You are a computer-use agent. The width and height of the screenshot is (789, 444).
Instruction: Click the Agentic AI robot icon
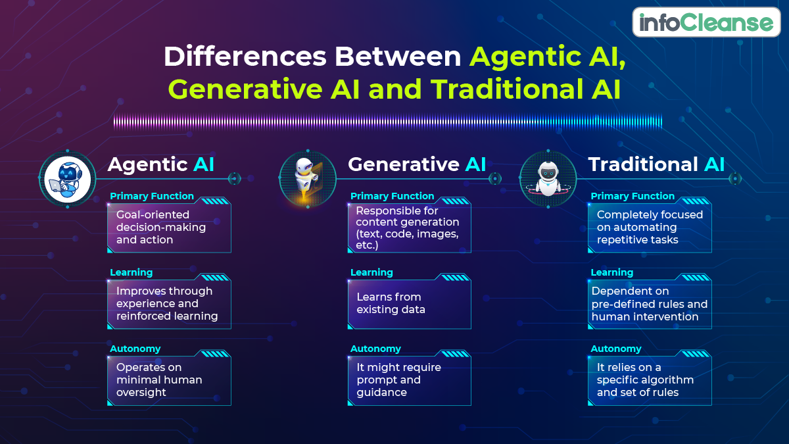click(67, 179)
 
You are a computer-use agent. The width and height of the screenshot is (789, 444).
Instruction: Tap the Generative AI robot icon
click(307, 179)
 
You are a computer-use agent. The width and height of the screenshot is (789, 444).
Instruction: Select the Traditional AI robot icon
click(548, 179)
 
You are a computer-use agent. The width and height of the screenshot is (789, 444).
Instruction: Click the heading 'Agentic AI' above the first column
click(161, 164)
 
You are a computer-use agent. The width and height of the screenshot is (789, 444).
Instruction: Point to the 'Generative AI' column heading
click(417, 164)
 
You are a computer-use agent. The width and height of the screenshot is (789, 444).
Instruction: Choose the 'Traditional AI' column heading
click(656, 164)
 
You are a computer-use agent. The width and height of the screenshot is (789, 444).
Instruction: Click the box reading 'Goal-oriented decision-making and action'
click(169, 228)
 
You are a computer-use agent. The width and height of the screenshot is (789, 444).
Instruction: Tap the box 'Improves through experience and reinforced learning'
click(169, 304)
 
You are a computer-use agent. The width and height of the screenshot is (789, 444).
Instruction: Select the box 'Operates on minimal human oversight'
click(169, 380)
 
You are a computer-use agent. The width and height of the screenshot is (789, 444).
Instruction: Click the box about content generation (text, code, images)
click(409, 228)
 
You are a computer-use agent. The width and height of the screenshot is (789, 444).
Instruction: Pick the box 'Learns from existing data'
click(409, 304)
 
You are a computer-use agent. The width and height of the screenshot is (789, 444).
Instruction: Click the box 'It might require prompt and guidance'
click(409, 380)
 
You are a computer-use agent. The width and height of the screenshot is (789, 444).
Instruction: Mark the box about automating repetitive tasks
click(650, 228)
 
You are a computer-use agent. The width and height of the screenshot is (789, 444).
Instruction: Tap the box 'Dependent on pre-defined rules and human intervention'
click(650, 304)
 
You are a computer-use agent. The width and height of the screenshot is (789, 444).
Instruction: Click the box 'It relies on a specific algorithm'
click(650, 380)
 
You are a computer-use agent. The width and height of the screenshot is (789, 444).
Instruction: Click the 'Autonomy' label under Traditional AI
click(615, 349)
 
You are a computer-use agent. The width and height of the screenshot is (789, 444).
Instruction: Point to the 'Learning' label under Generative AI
click(371, 272)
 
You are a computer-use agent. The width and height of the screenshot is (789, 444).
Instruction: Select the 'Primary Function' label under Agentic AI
click(152, 196)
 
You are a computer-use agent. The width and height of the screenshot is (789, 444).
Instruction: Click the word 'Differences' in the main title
click(246, 57)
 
